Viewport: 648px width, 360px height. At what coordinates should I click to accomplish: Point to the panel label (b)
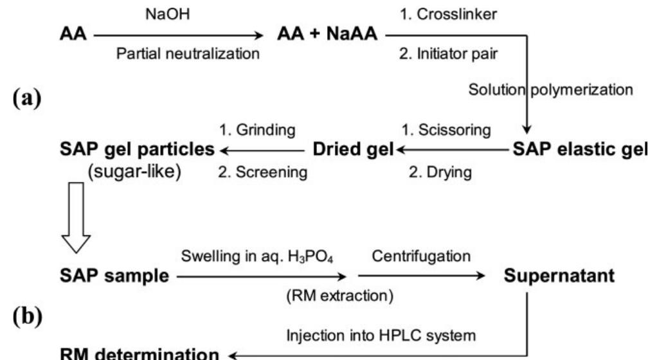click(24, 319)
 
